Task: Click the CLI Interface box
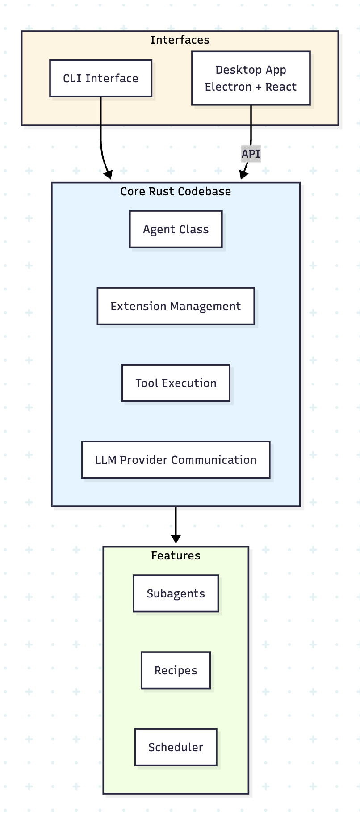[x=100, y=78]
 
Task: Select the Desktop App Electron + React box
[x=251, y=78]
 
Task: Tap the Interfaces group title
[x=180, y=40]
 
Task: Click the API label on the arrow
[x=251, y=154]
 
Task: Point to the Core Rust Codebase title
[x=176, y=191]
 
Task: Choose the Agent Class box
[x=176, y=229]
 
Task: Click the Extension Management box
[x=176, y=306]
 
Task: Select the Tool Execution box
[x=176, y=383]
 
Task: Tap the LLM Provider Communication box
[x=176, y=460]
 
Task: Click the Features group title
[x=176, y=555]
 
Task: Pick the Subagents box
[x=176, y=593]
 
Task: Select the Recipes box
[x=176, y=670]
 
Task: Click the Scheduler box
[x=176, y=747]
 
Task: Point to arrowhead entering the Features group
[x=176, y=538]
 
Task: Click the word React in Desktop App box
[x=281, y=87]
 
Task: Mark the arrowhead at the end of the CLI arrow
[x=108, y=175]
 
